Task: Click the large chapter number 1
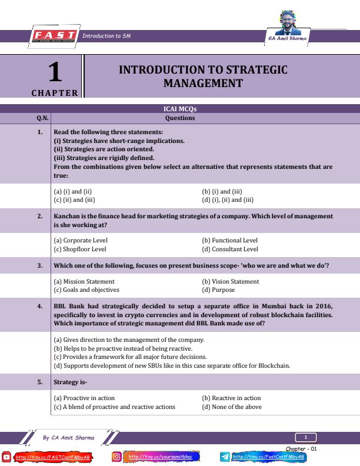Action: [x=54, y=73]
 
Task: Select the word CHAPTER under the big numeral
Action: [x=55, y=93]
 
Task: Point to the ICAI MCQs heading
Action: [x=179, y=109]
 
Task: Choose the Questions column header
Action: [x=179, y=118]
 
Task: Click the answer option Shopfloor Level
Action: [x=80, y=249]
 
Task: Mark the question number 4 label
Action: [x=40, y=307]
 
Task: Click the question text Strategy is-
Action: [x=70, y=382]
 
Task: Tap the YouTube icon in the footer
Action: [x=7, y=457]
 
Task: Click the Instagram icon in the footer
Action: [x=117, y=457]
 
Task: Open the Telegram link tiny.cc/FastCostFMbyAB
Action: [x=268, y=457]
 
